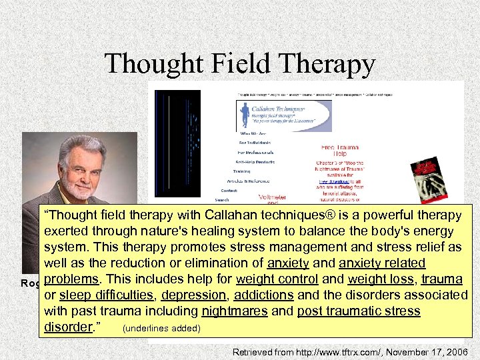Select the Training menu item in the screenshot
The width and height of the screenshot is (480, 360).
click(241, 171)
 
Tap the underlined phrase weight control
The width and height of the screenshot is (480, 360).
click(273, 279)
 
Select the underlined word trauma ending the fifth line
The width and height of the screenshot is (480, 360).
click(445, 279)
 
